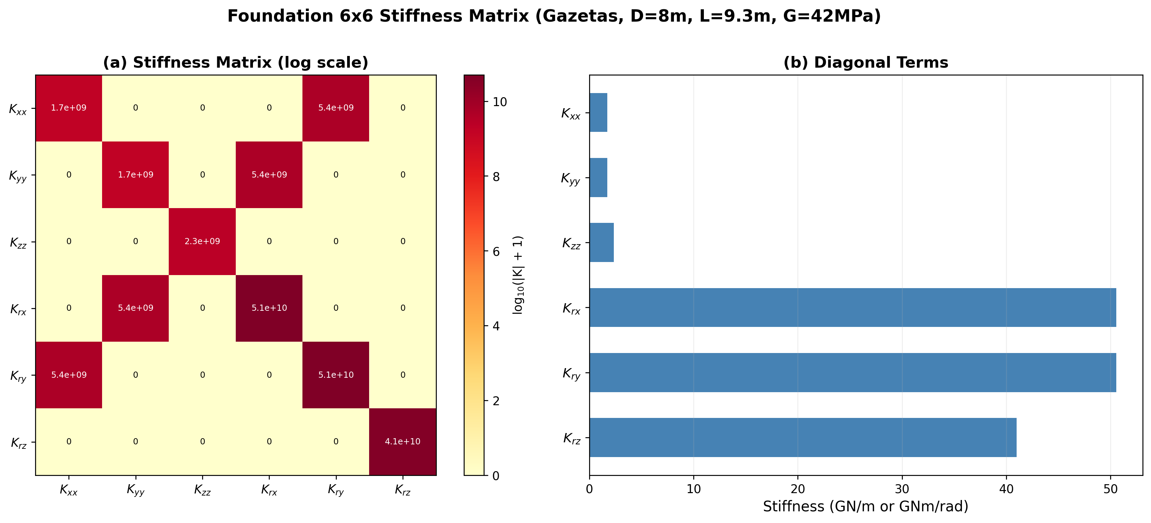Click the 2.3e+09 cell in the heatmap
point(202,241)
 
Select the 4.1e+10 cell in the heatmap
point(402,441)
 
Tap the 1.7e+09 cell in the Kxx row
point(69,107)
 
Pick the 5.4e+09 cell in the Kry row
point(69,375)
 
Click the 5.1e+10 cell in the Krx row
point(269,308)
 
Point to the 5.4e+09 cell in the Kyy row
point(269,175)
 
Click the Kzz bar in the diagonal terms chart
point(601,242)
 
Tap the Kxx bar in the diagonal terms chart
point(598,113)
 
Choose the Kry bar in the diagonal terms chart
point(853,373)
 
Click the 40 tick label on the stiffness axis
point(1006,489)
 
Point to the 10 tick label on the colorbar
point(499,102)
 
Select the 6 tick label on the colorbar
point(496,252)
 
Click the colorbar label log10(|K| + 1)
point(518,275)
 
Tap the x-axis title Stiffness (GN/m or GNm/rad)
point(865,507)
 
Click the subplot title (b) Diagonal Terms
point(865,62)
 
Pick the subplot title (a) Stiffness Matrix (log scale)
point(235,62)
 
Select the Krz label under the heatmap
point(402,490)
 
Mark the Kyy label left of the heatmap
point(18,175)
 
